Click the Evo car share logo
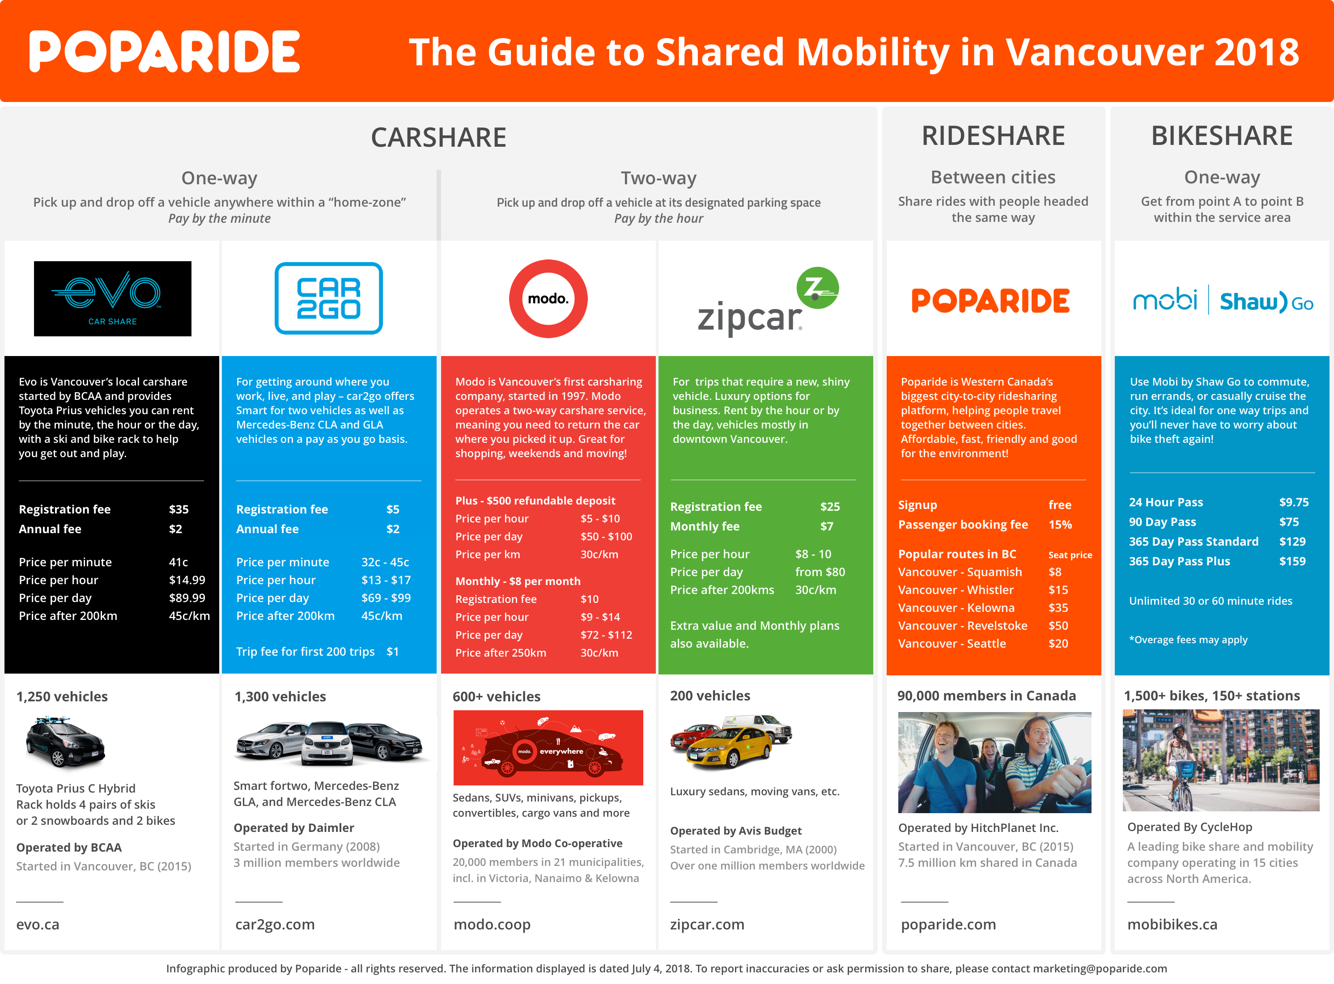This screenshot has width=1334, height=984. click(x=113, y=298)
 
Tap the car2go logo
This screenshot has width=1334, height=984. click(x=328, y=298)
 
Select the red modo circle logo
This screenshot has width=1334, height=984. click(x=548, y=298)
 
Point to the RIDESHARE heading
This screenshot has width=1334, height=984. click(x=993, y=136)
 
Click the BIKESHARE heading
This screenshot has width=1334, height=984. click(x=1222, y=136)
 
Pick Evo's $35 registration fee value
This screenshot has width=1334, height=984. click(x=179, y=509)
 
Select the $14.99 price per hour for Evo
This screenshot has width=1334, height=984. click(x=187, y=580)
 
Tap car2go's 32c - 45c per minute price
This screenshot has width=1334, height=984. click(x=385, y=562)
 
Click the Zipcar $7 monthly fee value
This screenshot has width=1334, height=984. click(x=826, y=526)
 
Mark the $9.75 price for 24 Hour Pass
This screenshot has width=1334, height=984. click(x=1293, y=502)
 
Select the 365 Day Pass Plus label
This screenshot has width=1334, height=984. click(x=1179, y=561)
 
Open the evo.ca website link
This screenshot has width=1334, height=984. click(x=38, y=925)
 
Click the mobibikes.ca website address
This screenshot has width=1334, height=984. click(x=1172, y=925)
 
